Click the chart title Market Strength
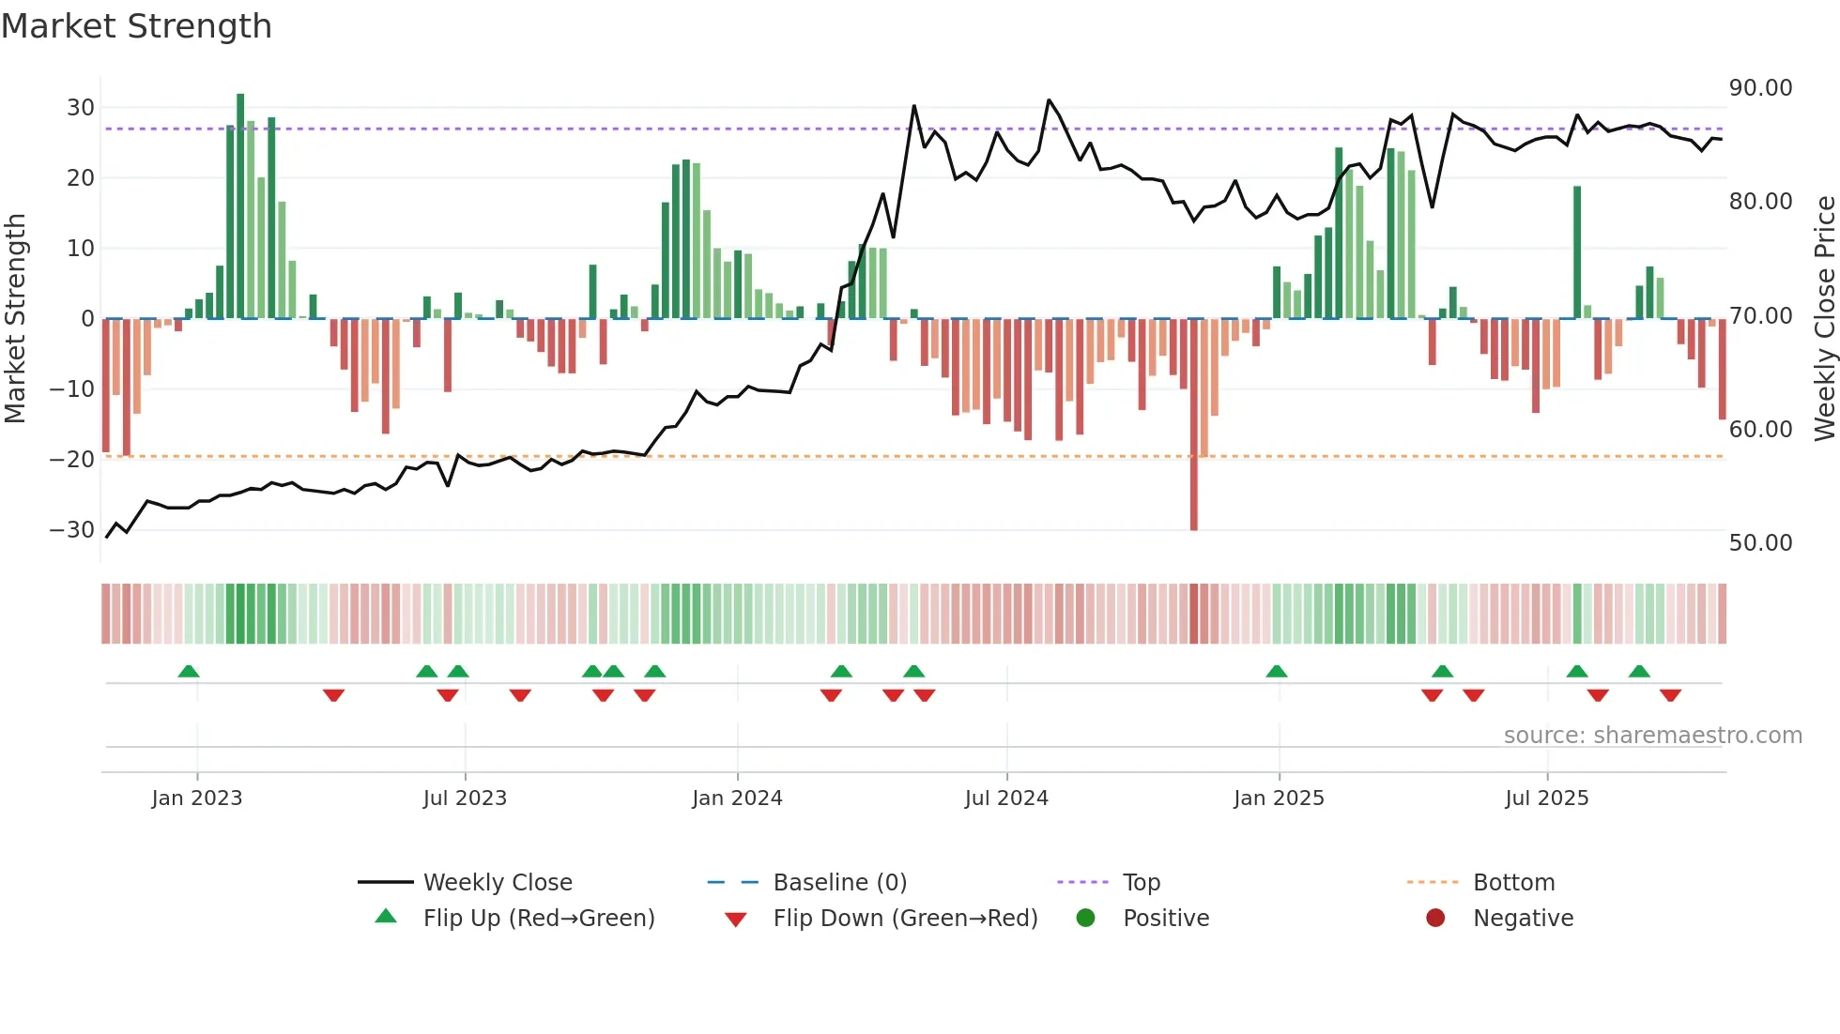point(136,26)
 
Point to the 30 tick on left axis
point(81,108)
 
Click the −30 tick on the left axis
point(73,530)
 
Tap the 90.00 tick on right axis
point(1760,88)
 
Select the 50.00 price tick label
point(1760,543)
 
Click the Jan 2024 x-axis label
point(737,798)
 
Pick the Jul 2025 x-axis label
point(1546,798)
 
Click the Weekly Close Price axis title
point(1824,319)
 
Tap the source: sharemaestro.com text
point(1652,736)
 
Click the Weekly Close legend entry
point(498,883)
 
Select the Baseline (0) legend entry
point(839,883)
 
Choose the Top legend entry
point(1142,883)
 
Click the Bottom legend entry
point(1513,883)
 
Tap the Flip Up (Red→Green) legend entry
point(538,919)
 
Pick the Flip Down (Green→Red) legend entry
point(905,919)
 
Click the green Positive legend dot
point(1086,919)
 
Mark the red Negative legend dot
point(1435,919)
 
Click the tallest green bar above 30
point(240,206)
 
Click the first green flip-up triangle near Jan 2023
point(189,672)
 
